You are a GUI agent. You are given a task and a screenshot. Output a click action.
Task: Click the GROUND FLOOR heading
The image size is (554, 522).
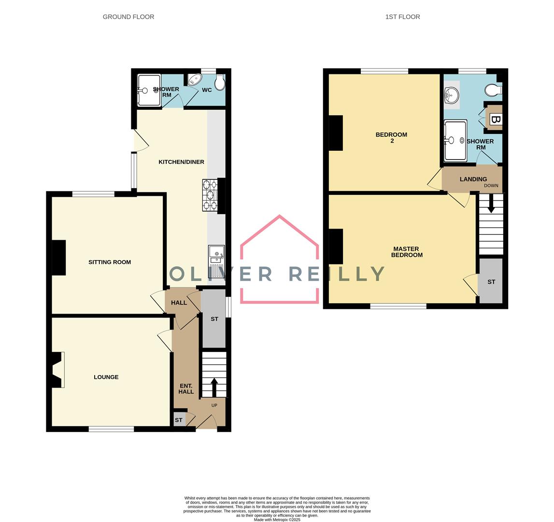(128, 17)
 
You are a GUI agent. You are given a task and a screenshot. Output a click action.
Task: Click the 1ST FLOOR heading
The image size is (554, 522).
(402, 17)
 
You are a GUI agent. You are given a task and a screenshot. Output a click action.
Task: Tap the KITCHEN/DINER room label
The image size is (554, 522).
(181, 162)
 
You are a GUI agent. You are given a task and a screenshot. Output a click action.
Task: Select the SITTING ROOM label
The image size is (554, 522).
(110, 262)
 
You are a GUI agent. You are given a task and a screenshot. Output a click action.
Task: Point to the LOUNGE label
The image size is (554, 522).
(106, 377)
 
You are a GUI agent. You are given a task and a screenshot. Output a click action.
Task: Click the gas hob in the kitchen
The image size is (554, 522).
(210, 195)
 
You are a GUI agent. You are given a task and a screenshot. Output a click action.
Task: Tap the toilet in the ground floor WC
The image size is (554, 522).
(220, 83)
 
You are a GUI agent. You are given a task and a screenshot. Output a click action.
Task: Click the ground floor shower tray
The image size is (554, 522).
(148, 90)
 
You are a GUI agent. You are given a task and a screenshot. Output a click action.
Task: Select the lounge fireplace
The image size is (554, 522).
(57, 370)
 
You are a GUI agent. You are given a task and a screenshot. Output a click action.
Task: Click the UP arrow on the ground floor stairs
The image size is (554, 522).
(214, 387)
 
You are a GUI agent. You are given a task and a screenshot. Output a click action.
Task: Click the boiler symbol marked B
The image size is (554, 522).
(495, 119)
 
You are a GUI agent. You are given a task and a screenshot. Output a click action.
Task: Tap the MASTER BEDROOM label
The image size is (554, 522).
(406, 252)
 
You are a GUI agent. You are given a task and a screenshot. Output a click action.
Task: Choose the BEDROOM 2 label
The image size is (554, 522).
(391, 138)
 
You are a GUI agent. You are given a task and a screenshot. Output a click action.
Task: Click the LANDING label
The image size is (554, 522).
(473, 179)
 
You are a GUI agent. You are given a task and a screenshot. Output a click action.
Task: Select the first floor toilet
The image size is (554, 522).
(494, 90)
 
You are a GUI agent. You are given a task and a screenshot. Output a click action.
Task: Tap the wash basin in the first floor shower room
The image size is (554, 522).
(451, 95)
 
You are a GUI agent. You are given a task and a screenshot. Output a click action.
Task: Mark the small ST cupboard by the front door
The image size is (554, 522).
(179, 420)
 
